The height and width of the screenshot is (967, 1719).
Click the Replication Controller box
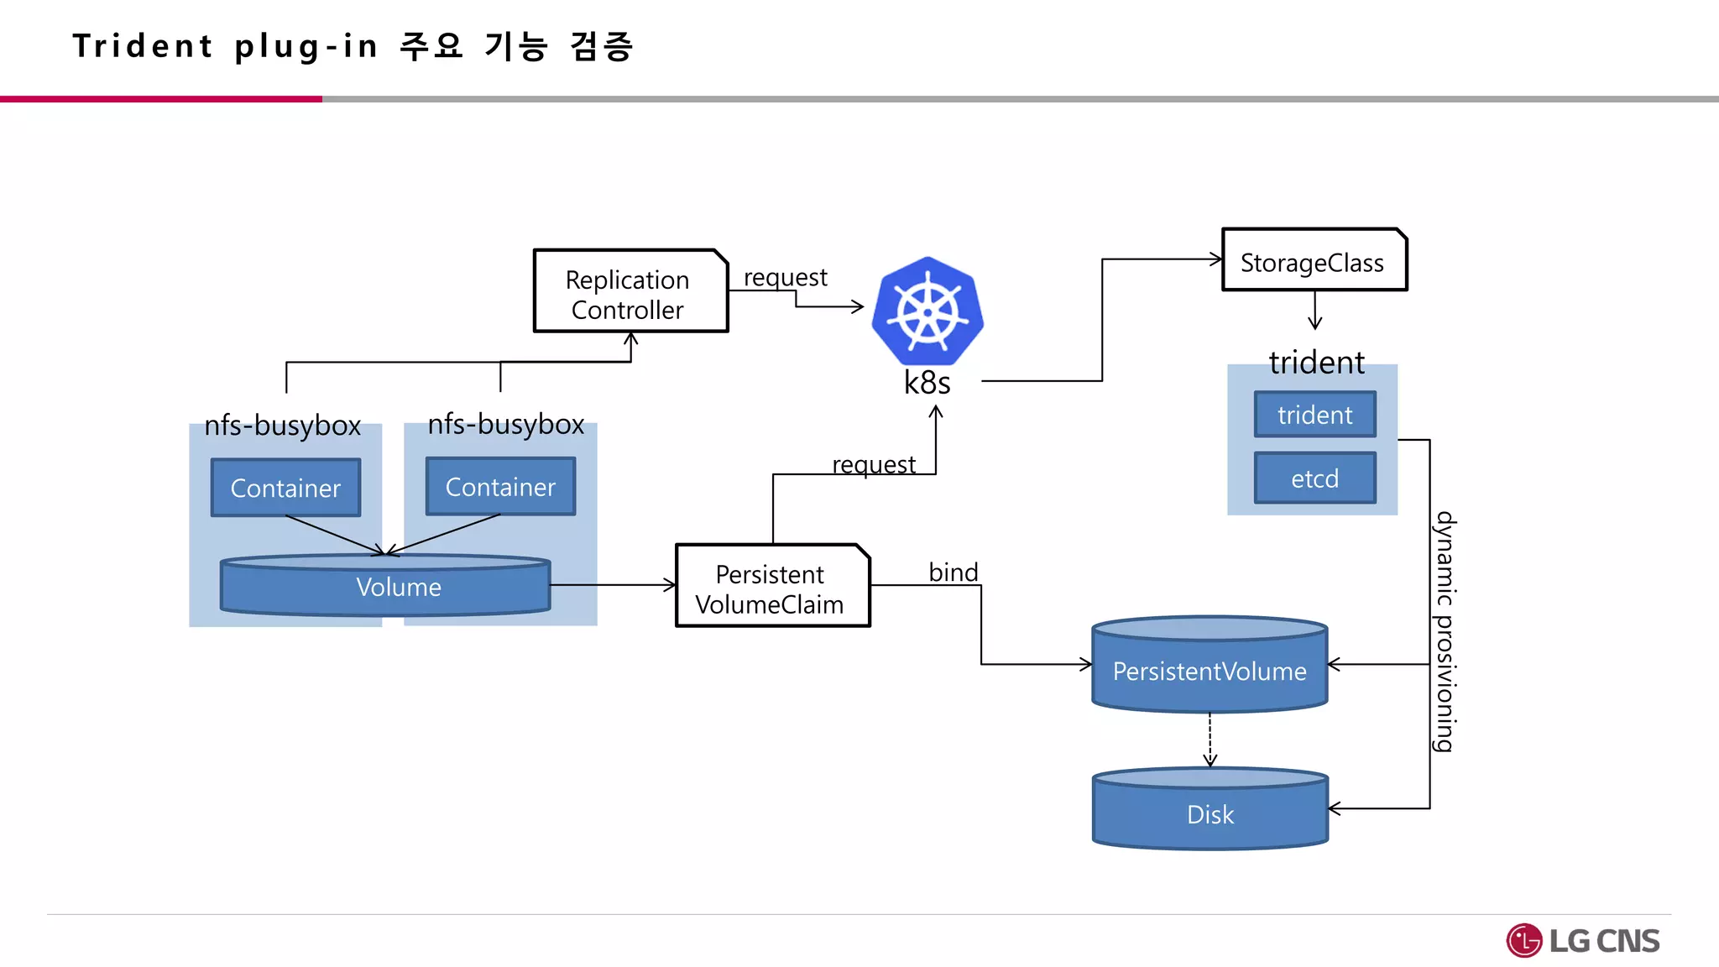(x=630, y=291)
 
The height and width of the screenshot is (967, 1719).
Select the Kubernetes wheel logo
(x=927, y=311)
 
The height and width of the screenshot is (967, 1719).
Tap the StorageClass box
(x=1314, y=261)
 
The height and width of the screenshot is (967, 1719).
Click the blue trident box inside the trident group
(x=1314, y=415)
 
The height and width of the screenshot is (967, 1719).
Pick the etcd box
(x=1314, y=478)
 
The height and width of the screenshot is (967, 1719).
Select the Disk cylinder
(x=1210, y=813)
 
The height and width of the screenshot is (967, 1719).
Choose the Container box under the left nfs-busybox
(x=285, y=488)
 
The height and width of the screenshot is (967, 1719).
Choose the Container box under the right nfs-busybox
(x=500, y=487)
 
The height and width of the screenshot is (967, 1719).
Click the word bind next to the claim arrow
(x=953, y=572)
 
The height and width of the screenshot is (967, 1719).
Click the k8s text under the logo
(x=927, y=384)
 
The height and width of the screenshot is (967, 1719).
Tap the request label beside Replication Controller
(x=785, y=277)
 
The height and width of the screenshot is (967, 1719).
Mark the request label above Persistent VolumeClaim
(x=873, y=464)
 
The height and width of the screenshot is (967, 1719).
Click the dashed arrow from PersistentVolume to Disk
(x=1210, y=739)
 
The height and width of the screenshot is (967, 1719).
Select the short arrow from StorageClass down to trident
(x=1314, y=310)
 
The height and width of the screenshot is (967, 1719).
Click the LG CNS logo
(x=1583, y=940)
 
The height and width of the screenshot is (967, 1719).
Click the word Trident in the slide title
(x=143, y=46)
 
